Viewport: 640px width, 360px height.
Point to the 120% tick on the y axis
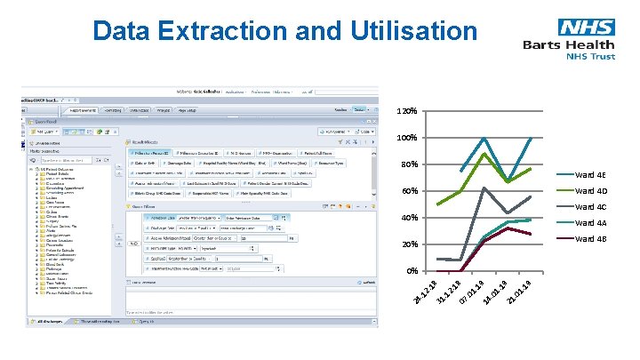coord(406,113)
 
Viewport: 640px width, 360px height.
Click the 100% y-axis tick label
coord(406,140)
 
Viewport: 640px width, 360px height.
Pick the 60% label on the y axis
coord(408,192)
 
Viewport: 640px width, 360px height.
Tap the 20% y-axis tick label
coord(408,244)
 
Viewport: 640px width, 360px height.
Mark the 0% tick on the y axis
coord(411,271)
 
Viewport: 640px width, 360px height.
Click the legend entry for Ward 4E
coord(590,175)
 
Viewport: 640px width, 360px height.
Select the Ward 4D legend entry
coord(590,191)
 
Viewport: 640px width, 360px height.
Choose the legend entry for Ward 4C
coord(590,207)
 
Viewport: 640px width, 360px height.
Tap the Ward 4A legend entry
coord(590,223)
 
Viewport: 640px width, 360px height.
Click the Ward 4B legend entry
coord(590,239)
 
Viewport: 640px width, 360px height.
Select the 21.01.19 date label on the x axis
coord(519,296)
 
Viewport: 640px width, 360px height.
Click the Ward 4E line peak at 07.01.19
coord(484,139)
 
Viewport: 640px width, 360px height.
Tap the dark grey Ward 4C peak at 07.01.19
coord(484,188)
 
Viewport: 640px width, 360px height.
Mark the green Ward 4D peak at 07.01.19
coord(484,154)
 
